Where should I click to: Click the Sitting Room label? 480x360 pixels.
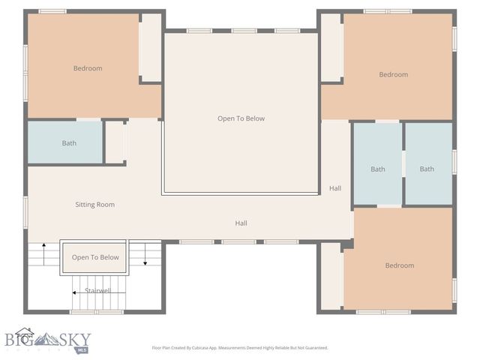[x=94, y=204]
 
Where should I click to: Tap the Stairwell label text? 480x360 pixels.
[x=97, y=290]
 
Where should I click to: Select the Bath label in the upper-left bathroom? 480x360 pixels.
[x=69, y=143]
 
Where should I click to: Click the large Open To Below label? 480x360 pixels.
[x=241, y=118]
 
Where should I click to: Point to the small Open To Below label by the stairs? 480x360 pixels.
[x=95, y=257]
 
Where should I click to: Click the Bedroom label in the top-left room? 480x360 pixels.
[x=88, y=69]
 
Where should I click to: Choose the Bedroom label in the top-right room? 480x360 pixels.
[x=393, y=74]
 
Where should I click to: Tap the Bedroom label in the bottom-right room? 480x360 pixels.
[x=399, y=265]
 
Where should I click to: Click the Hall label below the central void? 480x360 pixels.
[x=241, y=223]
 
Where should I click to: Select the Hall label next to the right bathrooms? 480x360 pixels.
[x=335, y=188]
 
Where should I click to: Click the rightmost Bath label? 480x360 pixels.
[x=427, y=169]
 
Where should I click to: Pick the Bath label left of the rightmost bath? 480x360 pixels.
[x=378, y=169]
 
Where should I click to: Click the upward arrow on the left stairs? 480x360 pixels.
[x=43, y=253]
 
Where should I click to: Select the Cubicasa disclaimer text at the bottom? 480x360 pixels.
[x=240, y=348]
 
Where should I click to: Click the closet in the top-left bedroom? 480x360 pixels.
[x=151, y=47]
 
